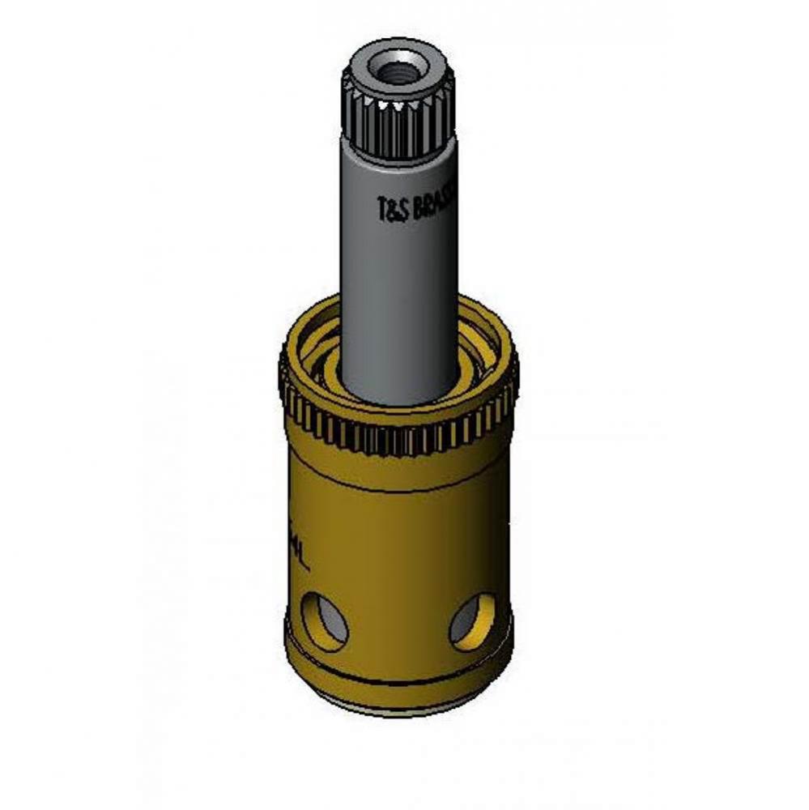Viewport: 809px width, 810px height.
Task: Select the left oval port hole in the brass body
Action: pos(324,623)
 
